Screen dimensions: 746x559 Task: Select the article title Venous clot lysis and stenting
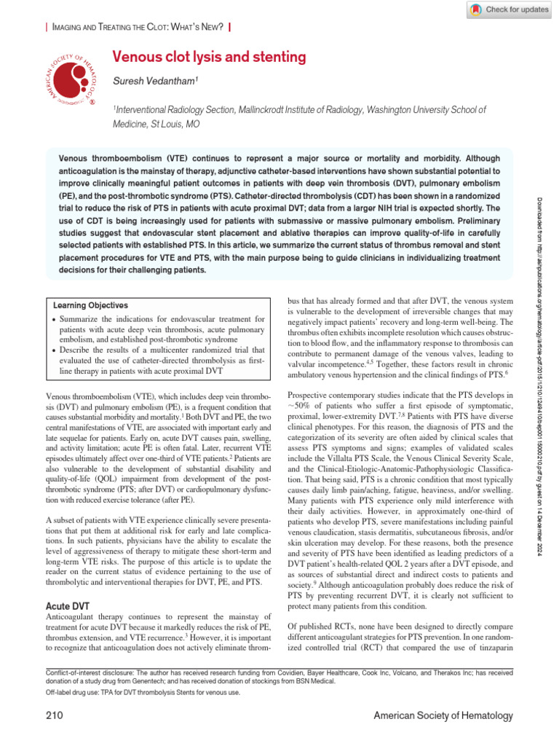pyautogui.click(x=208, y=57)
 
